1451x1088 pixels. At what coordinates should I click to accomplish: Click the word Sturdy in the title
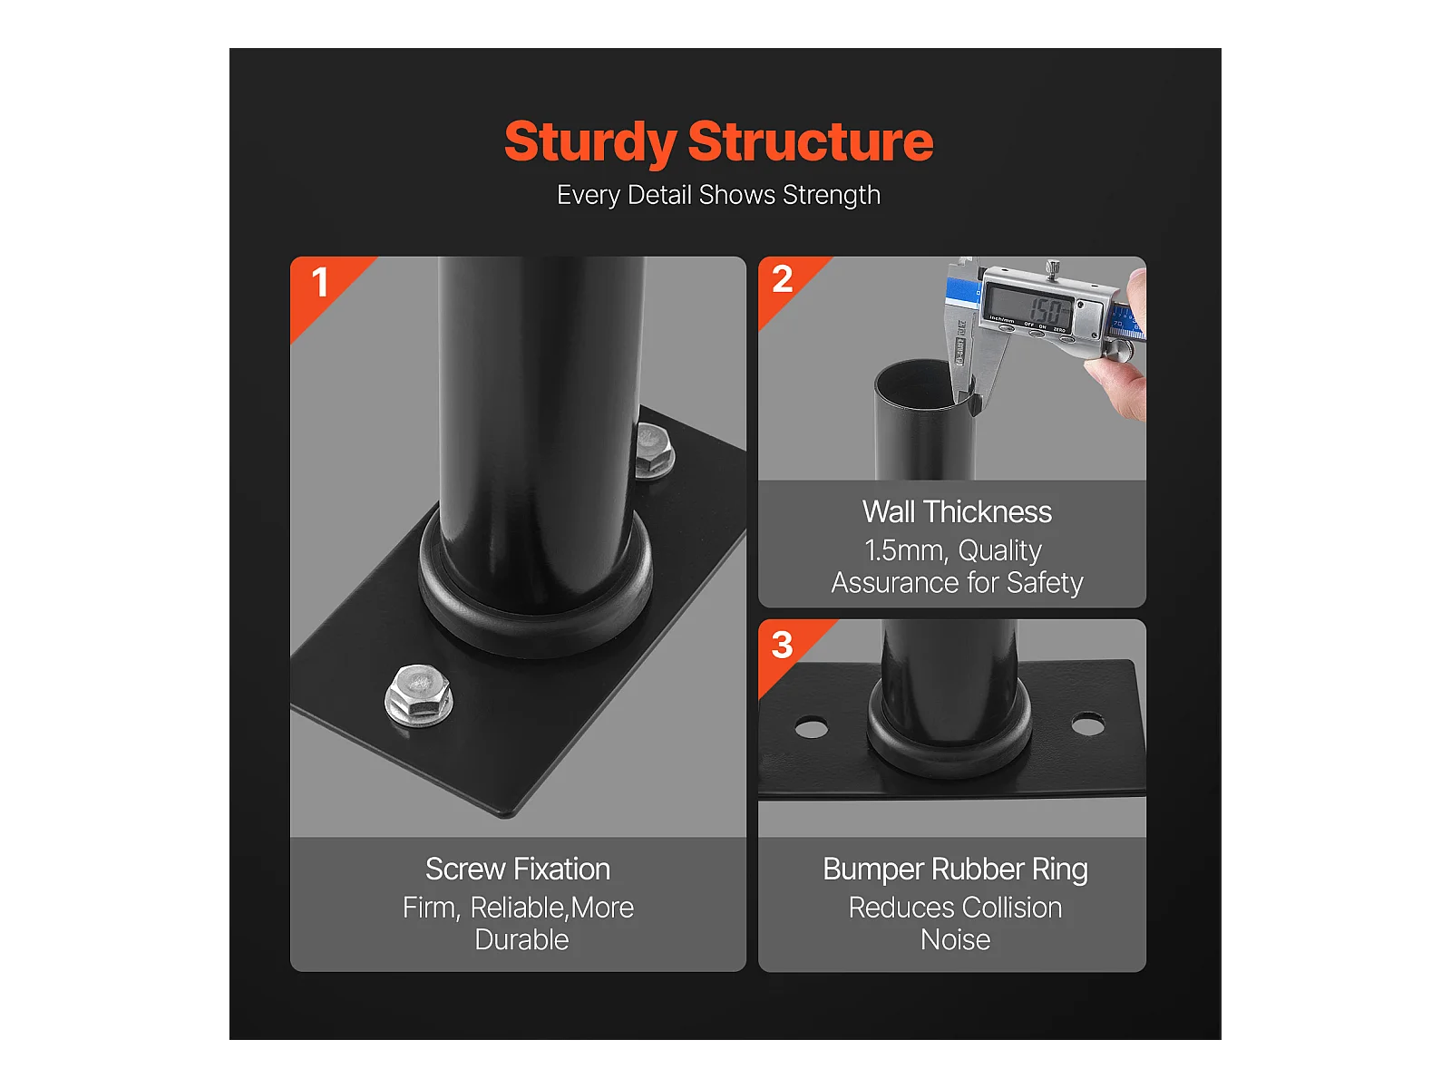click(x=590, y=143)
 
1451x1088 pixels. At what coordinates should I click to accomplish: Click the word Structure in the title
click(x=811, y=141)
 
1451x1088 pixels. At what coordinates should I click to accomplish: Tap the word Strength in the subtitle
click(x=832, y=196)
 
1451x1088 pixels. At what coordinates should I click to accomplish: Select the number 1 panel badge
click(x=320, y=283)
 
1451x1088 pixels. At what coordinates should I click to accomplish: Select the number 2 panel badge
click(x=782, y=279)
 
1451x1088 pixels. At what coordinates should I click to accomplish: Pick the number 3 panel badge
click(x=782, y=645)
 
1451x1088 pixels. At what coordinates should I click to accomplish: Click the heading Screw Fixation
click(x=518, y=869)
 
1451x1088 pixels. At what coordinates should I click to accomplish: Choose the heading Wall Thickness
click(x=957, y=512)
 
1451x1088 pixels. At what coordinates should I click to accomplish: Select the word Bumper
click(x=873, y=870)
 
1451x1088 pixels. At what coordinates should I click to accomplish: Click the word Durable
click(x=521, y=940)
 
